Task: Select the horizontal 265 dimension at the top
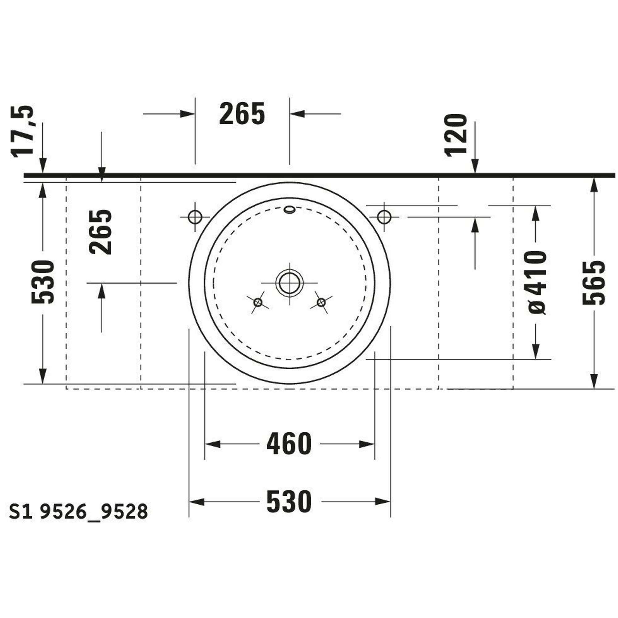pyautogui.click(x=242, y=113)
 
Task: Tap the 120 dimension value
pyautogui.click(x=456, y=135)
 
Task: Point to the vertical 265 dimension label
pyautogui.click(x=101, y=232)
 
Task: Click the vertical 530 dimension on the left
pyautogui.click(x=43, y=282)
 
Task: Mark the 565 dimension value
pyautogui.click(x=594, y=283)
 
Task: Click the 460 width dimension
pyautogui.click(x=289, y=444)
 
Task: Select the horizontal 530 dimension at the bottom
pyautogui.click(x=289, y=502)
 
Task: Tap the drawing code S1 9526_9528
pyautogui.click(x=78, y=511)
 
